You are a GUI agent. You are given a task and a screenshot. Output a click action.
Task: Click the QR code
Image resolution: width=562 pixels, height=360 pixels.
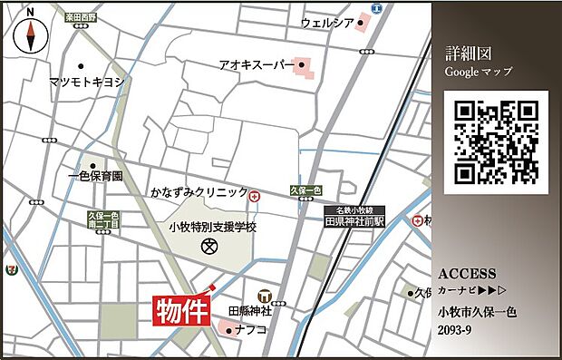tap(495, 142)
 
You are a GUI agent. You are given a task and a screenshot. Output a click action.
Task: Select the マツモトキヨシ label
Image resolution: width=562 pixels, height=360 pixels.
tap(87, 81)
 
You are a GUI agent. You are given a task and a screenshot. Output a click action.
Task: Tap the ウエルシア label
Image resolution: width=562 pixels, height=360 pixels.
tap(326, 22)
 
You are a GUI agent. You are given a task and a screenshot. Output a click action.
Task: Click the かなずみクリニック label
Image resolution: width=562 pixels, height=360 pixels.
tap(199, 193)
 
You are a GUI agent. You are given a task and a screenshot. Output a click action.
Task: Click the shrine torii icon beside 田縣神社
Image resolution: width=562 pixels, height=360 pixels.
tap(265, 295)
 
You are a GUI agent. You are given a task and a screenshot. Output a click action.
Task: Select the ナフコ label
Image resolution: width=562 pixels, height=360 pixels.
tap(251, 330)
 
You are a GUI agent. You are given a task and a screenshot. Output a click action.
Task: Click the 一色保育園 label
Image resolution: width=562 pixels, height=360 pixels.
tap(95, 176)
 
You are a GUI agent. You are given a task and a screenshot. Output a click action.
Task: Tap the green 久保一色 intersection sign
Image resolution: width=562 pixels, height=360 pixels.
tap(305, 190)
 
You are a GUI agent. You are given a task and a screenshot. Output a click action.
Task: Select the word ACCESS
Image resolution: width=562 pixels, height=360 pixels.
tap(467, 273)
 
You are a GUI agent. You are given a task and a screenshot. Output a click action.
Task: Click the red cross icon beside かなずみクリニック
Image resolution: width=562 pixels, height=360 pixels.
tap(255, 195)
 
